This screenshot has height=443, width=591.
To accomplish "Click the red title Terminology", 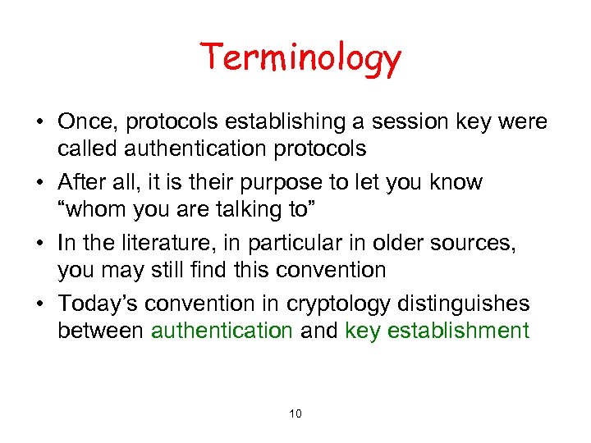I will (x=300, y=58).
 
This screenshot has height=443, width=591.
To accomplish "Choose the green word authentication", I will (x=221, y=331).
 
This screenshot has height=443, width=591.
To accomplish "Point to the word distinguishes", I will (x=466, y=304).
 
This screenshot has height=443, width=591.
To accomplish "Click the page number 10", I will (x=295, y=413).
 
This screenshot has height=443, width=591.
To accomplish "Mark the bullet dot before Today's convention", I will (x=39, y=304).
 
